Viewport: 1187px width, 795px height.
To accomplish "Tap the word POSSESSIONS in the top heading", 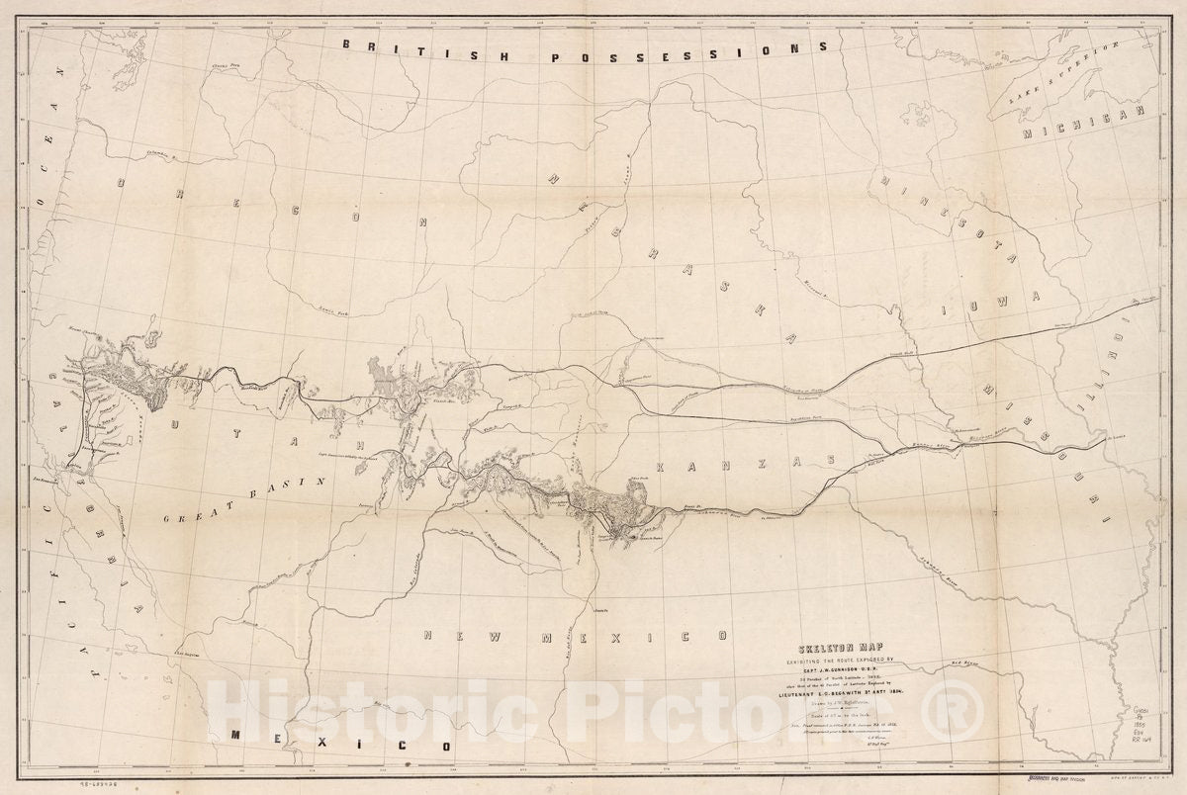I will [666, 54].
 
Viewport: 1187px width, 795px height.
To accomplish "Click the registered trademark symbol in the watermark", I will [962, 717].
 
